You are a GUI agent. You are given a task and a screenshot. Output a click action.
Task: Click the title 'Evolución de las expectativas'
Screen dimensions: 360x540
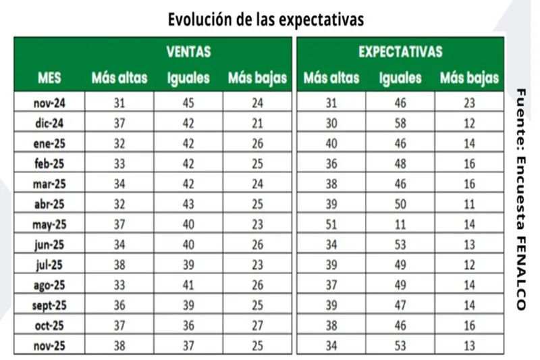(x=266, y=20)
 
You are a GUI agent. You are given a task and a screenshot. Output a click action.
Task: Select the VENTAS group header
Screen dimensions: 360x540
(x=188, y=51)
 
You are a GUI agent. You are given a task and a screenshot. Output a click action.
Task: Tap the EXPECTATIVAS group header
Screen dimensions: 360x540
(x=400, y=51)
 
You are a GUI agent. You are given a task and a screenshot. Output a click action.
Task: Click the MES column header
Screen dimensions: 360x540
(x=49, y=78)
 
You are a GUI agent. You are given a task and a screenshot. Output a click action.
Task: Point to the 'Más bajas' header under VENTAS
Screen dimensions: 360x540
(x=257, y=78)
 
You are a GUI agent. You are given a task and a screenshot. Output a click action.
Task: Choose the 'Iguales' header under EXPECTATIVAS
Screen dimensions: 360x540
(x=400, y=78)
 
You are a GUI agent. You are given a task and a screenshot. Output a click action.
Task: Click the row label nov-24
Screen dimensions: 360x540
(x=49, y=103)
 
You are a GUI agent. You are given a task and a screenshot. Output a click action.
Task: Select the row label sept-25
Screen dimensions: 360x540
(x=49, y=305)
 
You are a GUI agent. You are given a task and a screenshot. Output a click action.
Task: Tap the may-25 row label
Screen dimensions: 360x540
(x=49, y=224)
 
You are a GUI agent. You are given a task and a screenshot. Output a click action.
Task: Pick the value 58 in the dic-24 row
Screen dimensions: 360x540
(x=400, y=123)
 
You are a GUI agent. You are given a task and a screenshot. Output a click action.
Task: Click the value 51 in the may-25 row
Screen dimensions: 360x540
(x=331, y=224)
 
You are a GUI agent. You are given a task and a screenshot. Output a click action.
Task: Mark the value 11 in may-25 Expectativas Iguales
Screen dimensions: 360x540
(x=400, y=224)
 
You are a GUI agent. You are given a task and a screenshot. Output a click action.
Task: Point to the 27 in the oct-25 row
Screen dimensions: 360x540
(x=257, y=326)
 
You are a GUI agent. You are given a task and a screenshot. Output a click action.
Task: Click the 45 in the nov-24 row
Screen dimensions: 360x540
(x=188, y=103)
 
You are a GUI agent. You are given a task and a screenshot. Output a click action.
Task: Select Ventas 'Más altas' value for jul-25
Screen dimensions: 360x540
(x=119, y=265)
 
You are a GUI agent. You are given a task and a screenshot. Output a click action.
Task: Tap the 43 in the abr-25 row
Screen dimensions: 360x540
(x=188, y=204)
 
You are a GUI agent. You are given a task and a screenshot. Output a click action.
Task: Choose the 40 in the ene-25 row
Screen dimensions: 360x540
(x=331, y=143)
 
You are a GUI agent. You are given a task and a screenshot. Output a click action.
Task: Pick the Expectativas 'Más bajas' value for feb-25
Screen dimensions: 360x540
(x=470, y=163)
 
